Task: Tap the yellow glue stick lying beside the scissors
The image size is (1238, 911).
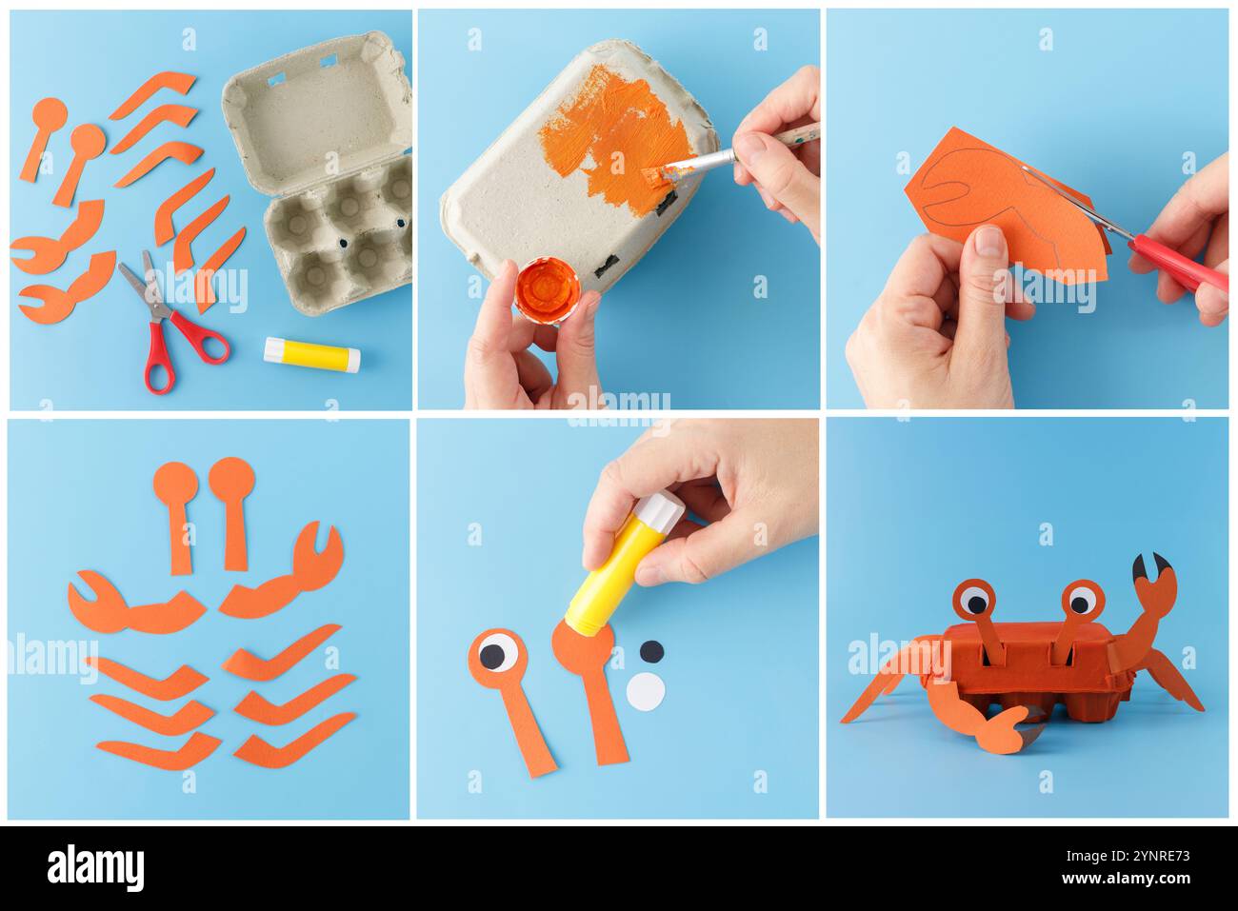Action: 312,353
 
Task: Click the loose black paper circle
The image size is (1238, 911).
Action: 651,652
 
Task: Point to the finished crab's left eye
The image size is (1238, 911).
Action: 973,600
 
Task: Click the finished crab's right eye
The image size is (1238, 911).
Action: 1081,600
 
